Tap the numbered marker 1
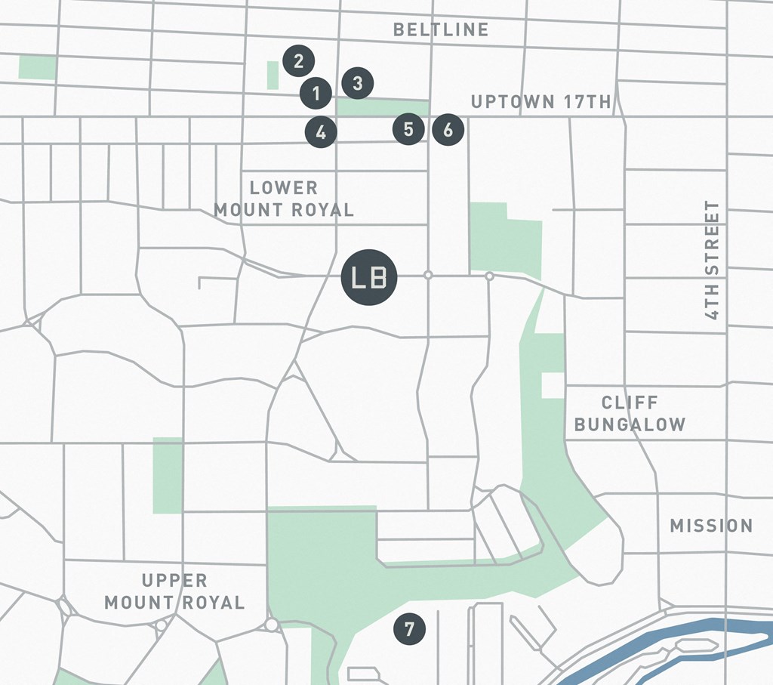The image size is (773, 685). [x=316, y=93]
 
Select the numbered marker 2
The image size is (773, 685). [x=299, y=60]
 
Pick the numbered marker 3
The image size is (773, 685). [x=358, y=82]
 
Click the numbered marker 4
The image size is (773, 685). [x=321, y=132]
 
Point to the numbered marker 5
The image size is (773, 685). [x=408, y=129]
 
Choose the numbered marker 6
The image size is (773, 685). [x=448, y=130]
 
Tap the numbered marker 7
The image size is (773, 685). [x=409, y=629]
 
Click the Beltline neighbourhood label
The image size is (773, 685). [x=441, y=29]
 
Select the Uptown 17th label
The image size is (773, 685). [x=540, y=102]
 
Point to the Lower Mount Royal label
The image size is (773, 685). [x=284, y=199]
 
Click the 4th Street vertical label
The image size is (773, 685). [x=712, y=260]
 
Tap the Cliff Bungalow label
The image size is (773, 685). [x=630, y=413]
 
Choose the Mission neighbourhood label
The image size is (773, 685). [x=711, y=526]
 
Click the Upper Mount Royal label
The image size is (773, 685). [x=174, y=591]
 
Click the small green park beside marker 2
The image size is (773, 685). [x=273, y=75]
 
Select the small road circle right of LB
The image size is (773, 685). [x=428, y=275]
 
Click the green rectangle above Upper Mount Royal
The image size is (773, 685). [x=168, y=475]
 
